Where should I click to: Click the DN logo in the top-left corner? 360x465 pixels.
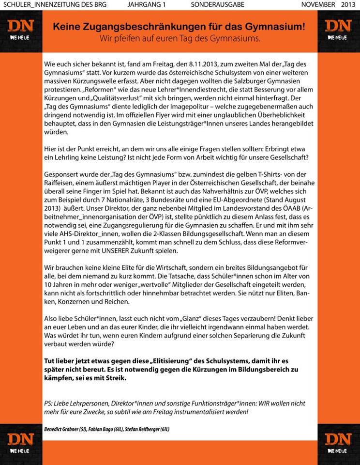[x=20, y=30]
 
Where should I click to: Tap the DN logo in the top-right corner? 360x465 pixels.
[x=338, y=30]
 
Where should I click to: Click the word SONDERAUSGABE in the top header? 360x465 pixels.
[x=217, y=4]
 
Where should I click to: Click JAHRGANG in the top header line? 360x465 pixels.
[x=144, y=4]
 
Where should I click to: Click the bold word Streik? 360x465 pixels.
[x=115, y=378]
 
